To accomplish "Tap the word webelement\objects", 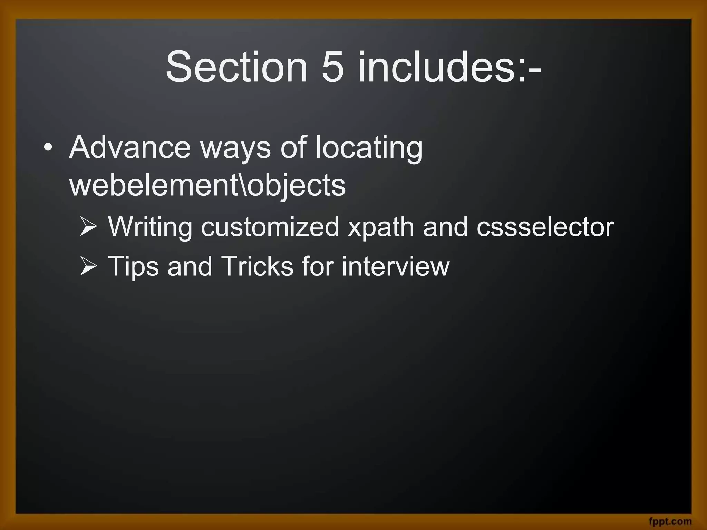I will pos(207,186).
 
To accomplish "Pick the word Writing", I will pos(150,227).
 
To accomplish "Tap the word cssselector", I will pos(545,227).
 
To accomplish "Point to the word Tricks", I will pos(257,266).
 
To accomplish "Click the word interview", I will pos(396,266).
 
